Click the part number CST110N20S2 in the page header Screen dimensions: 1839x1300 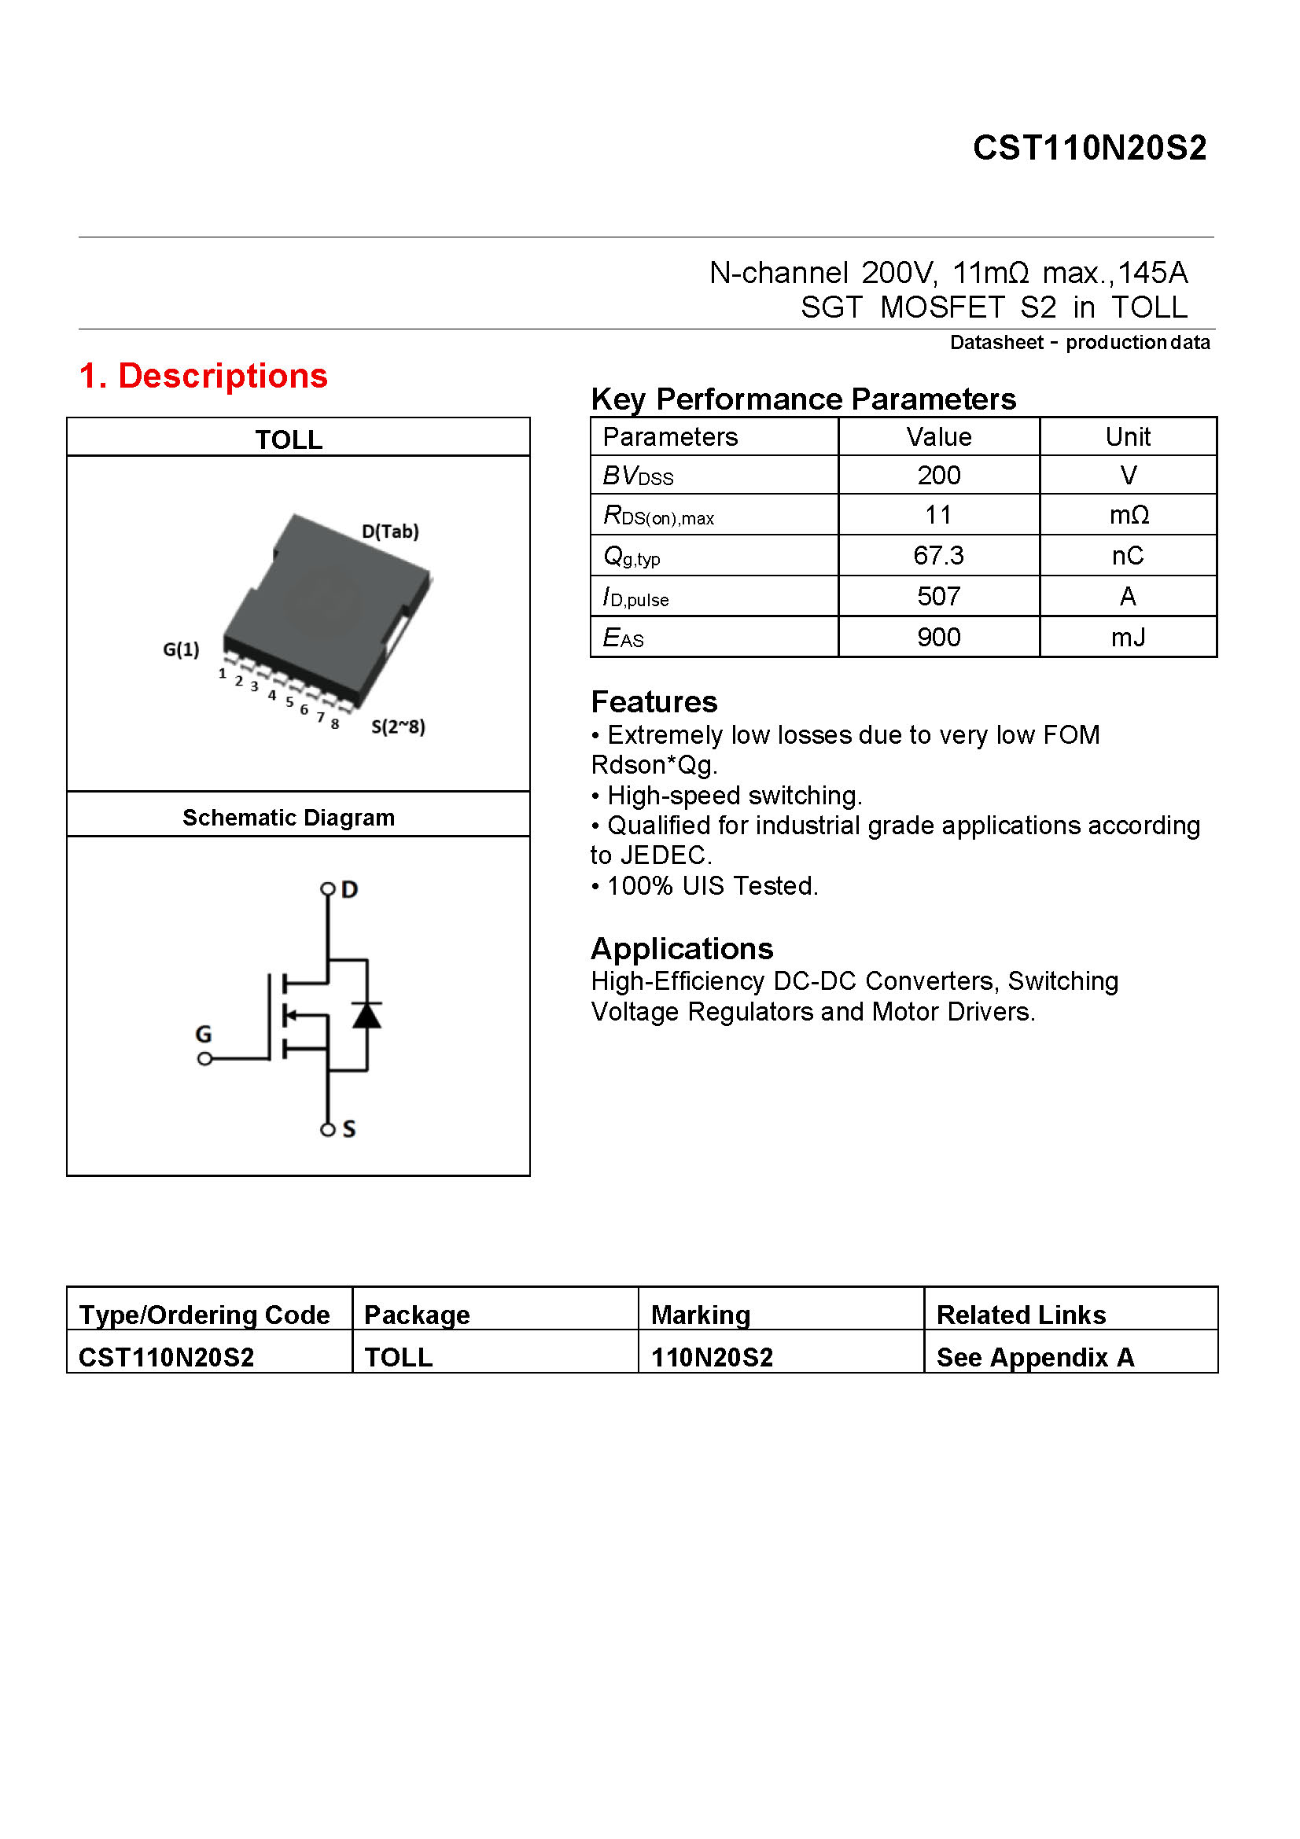tap(1088, 148)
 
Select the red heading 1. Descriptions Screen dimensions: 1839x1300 tap(204, 376)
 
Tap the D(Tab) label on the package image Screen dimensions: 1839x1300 tap(390, 531)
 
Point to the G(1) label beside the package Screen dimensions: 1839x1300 tap(181, 649)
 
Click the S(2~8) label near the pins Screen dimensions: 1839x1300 tap(398, 726)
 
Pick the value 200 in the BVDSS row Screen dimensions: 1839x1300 tap(938, 476)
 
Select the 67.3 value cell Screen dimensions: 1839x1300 tap(938, 556)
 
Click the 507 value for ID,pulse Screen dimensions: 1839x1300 tap(938, 597)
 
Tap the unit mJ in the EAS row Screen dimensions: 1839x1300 tap(1127, 638)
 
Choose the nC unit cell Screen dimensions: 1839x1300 tap(1127, 556)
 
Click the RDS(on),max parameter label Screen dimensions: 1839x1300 tap(657, 516)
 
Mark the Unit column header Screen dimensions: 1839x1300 tap(1127, 437)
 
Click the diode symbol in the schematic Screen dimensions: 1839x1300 tap(366, 1015)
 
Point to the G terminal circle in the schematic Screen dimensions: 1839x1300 tap(205, 1059)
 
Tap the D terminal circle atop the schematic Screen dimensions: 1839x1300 tap(328, 889)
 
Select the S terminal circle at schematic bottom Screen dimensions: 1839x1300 tap(328, 1129)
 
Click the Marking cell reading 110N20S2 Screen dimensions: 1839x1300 tap(712, 1357)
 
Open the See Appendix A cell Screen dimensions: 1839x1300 tap(1035, 1357)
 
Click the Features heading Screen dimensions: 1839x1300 tap(654, 701)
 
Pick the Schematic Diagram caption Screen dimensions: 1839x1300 tap(289, 818)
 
